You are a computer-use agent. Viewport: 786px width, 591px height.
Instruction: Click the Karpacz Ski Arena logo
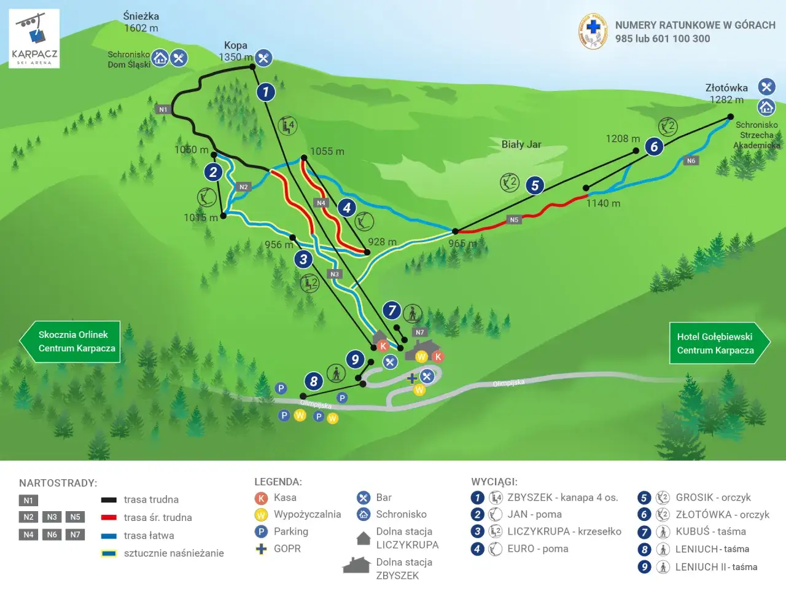point(34,38)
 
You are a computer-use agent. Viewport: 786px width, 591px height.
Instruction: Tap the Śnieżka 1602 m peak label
point(141,22)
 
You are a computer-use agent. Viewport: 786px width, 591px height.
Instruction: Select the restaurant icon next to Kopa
point(263,58)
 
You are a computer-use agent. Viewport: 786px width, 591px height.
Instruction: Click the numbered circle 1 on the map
point(265,92)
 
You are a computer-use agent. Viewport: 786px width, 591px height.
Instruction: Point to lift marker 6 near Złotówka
point(654,146)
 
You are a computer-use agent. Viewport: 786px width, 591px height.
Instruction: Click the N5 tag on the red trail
point(514,219)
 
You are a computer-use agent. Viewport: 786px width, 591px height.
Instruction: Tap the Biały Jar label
point(521,144)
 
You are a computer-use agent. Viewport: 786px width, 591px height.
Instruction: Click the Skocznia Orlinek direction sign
point(70,342)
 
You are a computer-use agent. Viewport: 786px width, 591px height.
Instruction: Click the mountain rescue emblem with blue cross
point(593,31)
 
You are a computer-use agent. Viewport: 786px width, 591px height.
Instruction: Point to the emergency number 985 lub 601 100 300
point(663,39)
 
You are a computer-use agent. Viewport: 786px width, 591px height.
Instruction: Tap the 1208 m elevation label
point(623,139)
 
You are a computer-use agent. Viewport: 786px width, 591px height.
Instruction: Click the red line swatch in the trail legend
point(109,518)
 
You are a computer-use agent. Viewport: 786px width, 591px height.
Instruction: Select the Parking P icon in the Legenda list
point(261,532)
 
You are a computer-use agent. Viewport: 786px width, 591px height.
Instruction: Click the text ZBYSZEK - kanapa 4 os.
point(562,498)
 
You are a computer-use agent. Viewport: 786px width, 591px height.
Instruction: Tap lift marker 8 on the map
point(314,381)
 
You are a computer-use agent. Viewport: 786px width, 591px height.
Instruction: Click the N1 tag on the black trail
point(163,109)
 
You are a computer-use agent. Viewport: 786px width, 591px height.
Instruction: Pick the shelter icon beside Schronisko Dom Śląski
point(160,58)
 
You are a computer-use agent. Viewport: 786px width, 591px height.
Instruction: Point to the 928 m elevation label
point(382,242)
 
